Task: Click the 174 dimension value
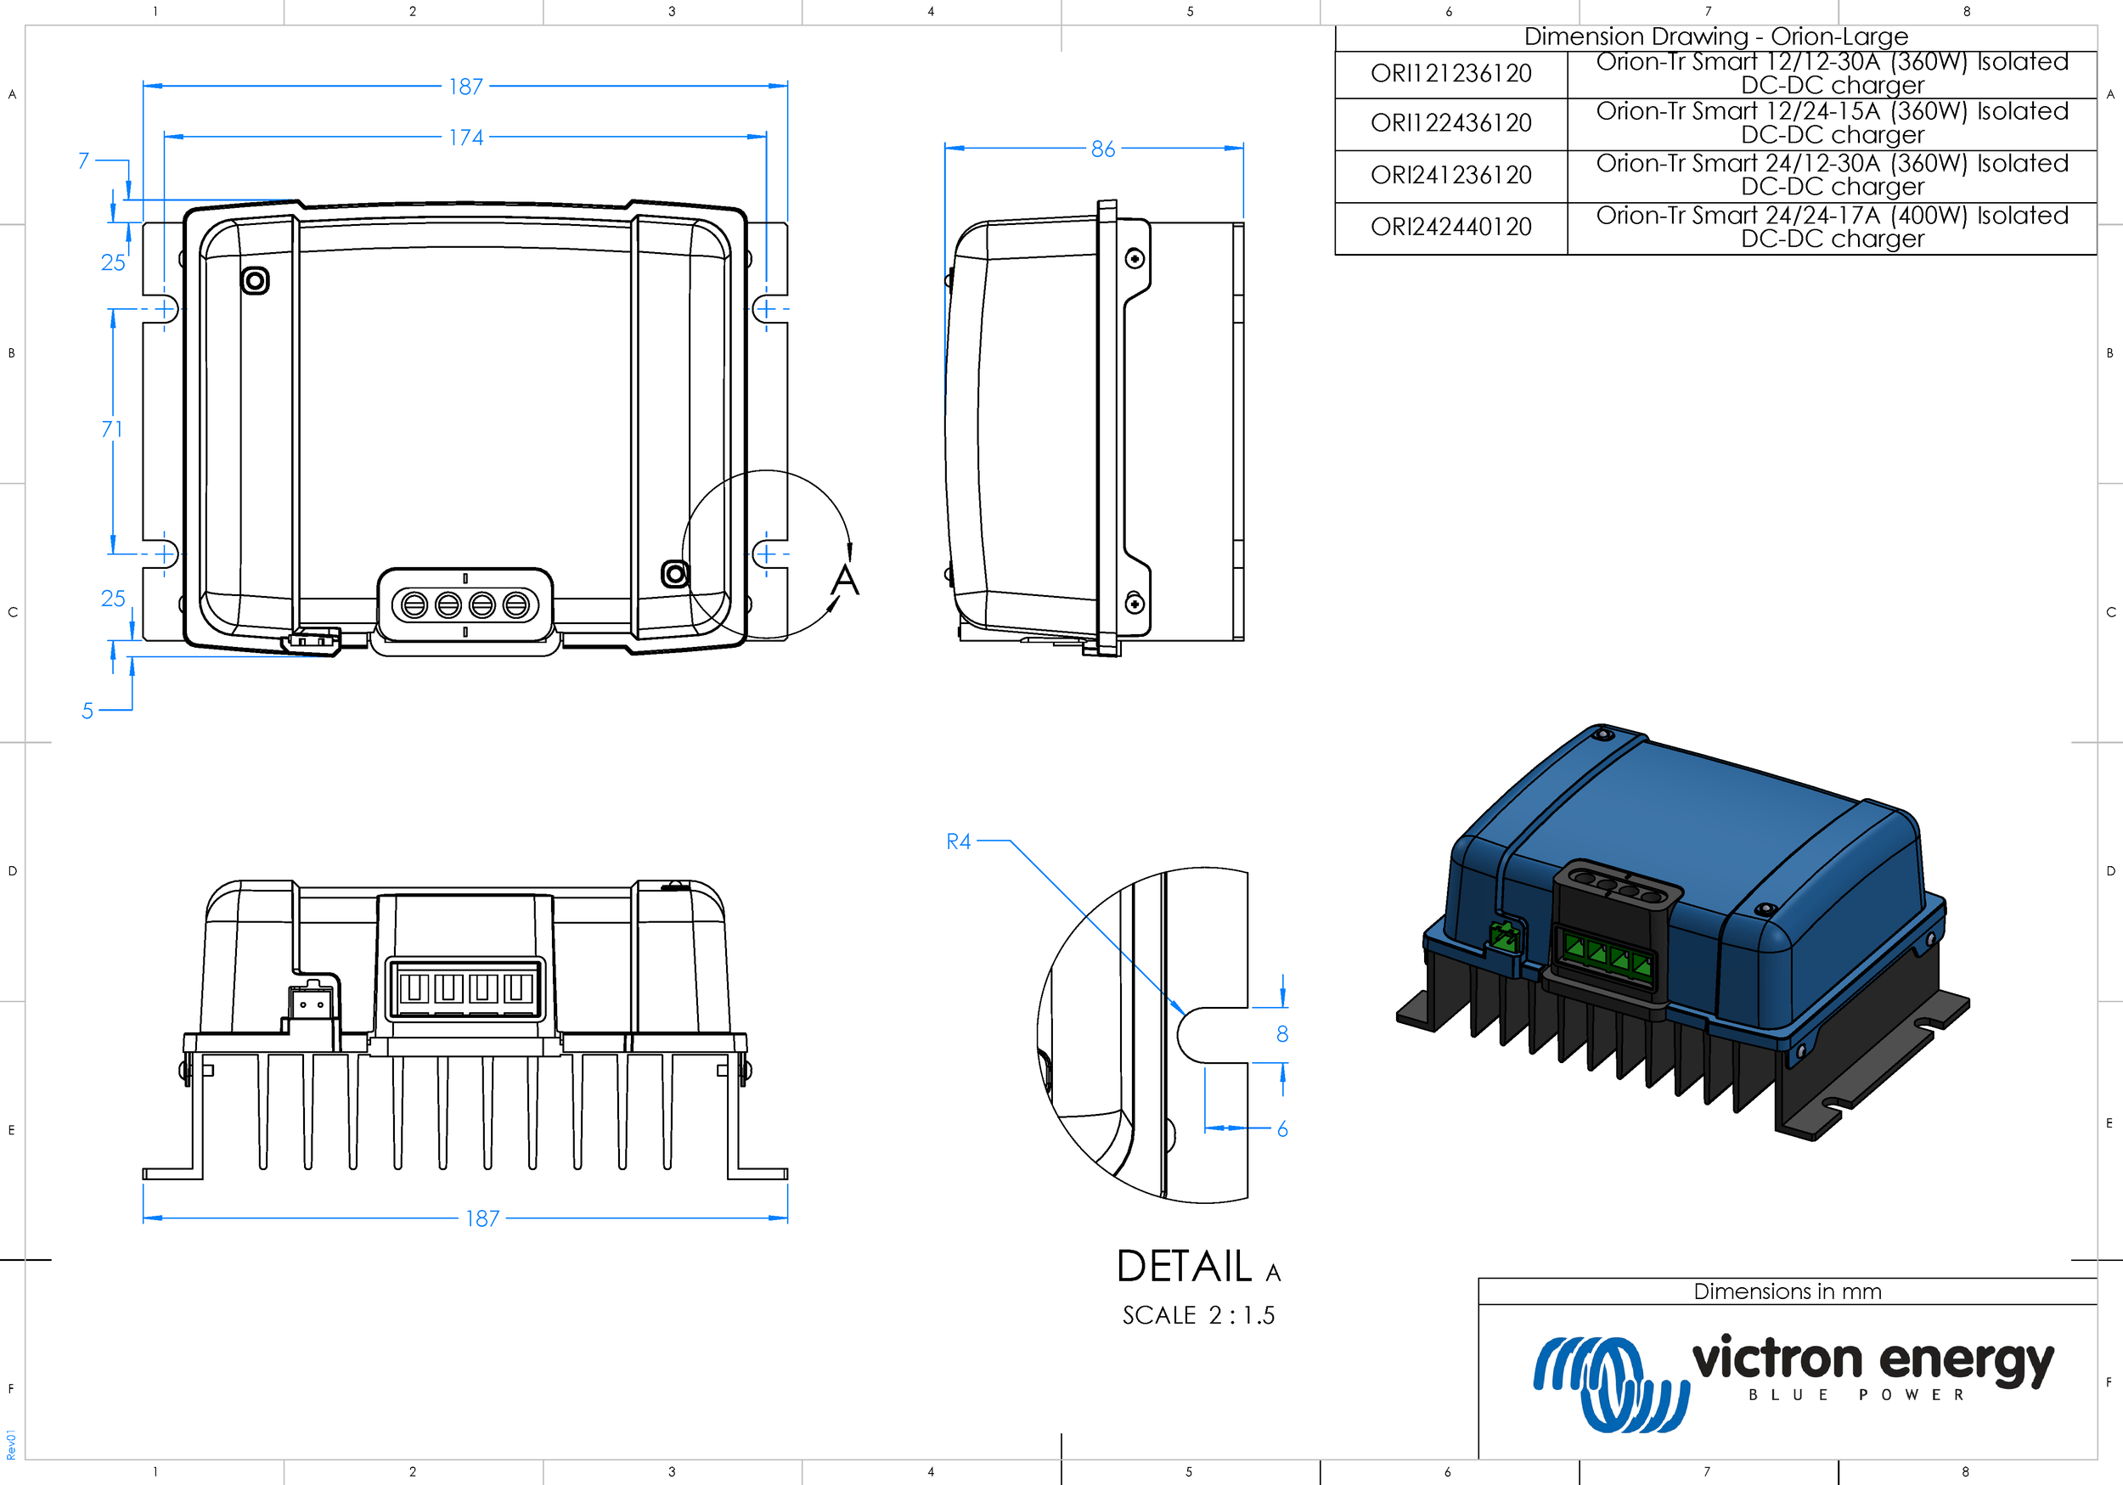click(466, 138)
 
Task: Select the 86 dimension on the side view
click(1103, 149)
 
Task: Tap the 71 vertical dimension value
click(112, 429)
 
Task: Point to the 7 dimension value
click(84, 160)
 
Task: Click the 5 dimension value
click(87, 711)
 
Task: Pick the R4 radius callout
click(959, 841)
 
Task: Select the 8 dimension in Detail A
click(1282, 1034)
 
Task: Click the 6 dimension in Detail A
click(1282, 1129)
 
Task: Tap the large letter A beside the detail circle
click(845, 581)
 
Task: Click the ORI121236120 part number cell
click(1450, 74)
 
